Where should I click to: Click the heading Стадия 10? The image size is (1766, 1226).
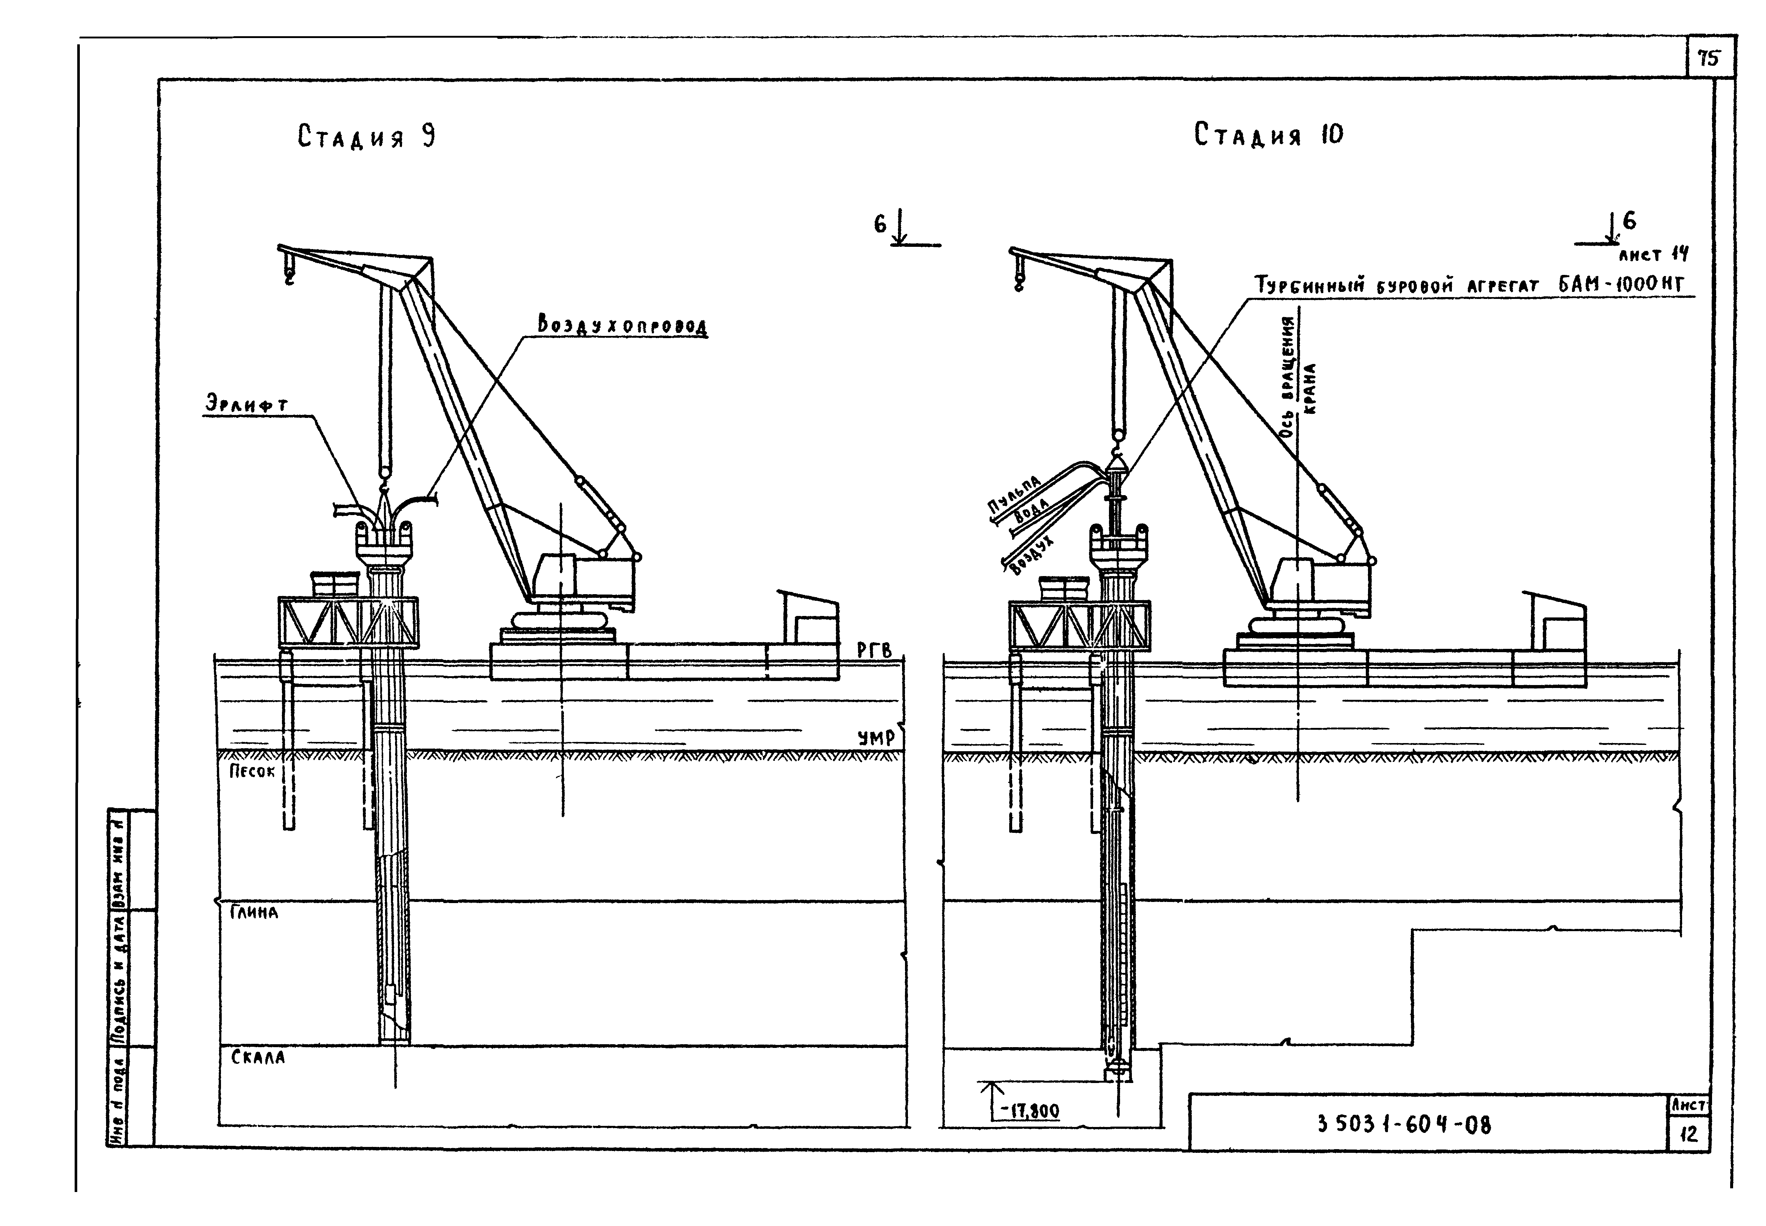coord(1268,135)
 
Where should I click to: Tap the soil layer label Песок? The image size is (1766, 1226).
coord(251,771)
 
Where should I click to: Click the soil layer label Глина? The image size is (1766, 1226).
coord(253,913)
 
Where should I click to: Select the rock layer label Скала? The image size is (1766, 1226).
coord(258,1057)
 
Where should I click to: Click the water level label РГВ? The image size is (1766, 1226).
coord(874,651)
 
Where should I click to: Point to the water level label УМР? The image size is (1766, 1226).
coord(876,738)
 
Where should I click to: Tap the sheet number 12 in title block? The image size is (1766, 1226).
coord(1688,1134)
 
